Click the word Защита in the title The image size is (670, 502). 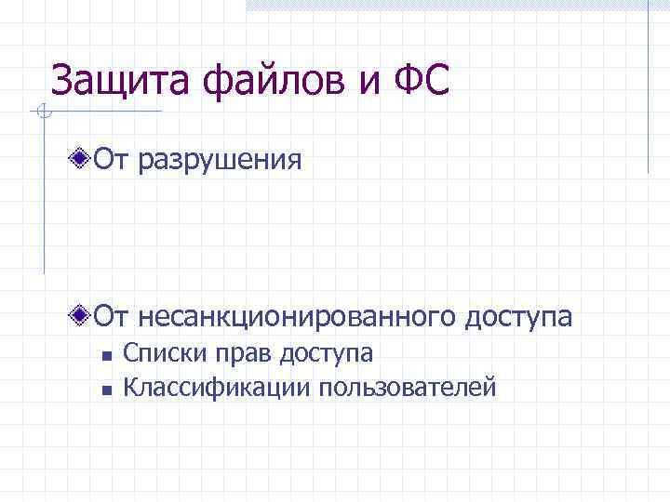pos(108,80)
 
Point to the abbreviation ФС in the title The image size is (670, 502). pos(420,80)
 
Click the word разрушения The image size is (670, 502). pos(221,161)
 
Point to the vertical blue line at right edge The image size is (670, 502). pos(648,88)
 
